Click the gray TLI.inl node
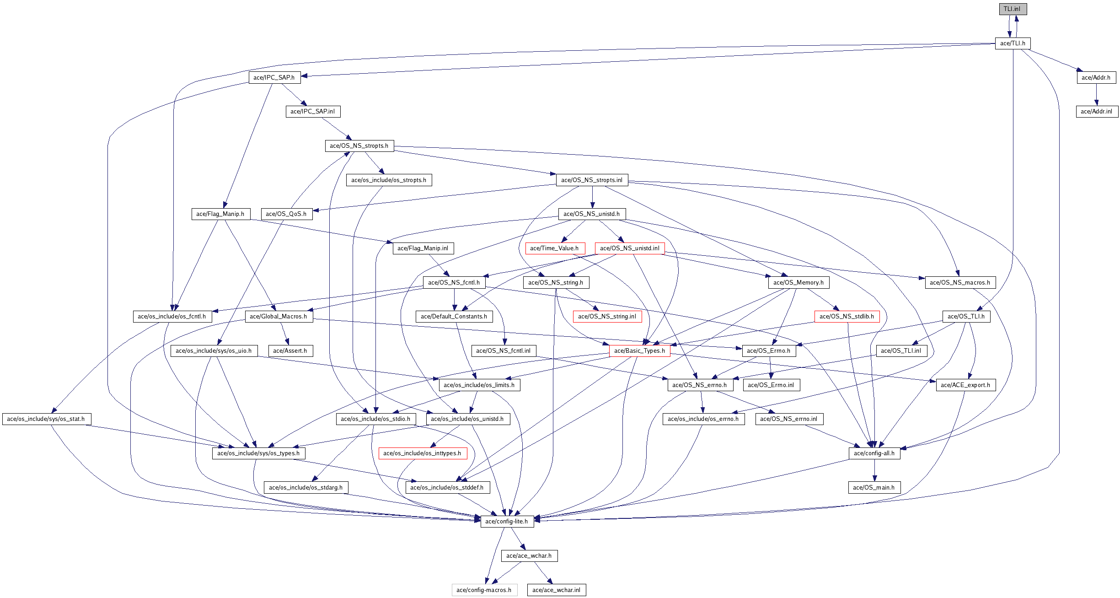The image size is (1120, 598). pos(1013,9)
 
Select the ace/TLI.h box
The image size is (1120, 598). pos(1013,43)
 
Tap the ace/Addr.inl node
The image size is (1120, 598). pos(1096,112)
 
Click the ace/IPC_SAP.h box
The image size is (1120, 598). pos(274,78)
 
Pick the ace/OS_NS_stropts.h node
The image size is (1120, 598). pos(359,146)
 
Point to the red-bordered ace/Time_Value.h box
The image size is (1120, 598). pos(554,248)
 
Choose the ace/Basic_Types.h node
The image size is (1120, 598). pos(639,351)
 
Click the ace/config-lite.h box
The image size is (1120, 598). pos(507,522)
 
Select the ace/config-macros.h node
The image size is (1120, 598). pos(484,590)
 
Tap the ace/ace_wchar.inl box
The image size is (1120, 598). pos(556,590)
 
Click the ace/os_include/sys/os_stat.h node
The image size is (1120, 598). pos(46,419)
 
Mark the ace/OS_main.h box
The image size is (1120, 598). pos(873,488)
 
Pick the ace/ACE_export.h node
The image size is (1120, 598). pos(965,385)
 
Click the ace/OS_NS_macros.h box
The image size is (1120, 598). pos(959,283)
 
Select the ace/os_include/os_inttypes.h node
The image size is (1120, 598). pos(422,453)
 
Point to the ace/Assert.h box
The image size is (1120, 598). pos(290,351)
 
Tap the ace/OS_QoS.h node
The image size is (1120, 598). pos(286,214)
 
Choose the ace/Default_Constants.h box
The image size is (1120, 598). pos(454,317)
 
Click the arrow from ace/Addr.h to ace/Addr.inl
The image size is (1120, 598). pos(1096,95)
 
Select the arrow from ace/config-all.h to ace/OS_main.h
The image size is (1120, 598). pos(874,470)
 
